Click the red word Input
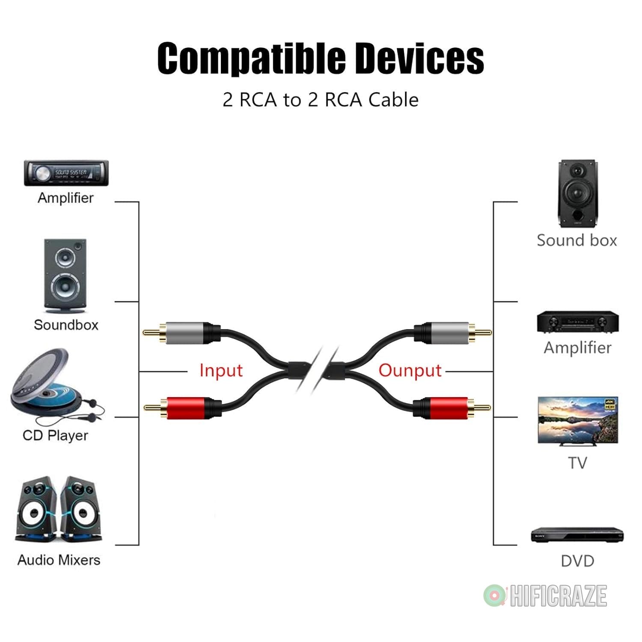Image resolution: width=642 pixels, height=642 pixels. coord(221,371)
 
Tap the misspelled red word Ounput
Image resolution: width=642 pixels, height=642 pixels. coord(410,371)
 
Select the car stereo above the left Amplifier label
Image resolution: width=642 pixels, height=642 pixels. coord(66,173)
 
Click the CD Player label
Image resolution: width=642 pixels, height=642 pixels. coord(55,436)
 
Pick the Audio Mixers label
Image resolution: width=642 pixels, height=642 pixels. coord(59,560)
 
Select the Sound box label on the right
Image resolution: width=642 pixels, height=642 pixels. coord(577,241)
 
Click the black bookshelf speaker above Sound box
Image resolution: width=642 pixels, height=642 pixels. coord(577,194)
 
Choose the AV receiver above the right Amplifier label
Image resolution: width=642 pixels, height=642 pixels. coord(578,322)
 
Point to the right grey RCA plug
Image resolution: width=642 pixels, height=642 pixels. coord(453,332)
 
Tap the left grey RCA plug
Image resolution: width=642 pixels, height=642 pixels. coord(182,333)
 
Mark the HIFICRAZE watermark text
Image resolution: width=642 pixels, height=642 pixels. coord(558,596)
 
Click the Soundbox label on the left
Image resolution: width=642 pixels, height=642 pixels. coord(66,325)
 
